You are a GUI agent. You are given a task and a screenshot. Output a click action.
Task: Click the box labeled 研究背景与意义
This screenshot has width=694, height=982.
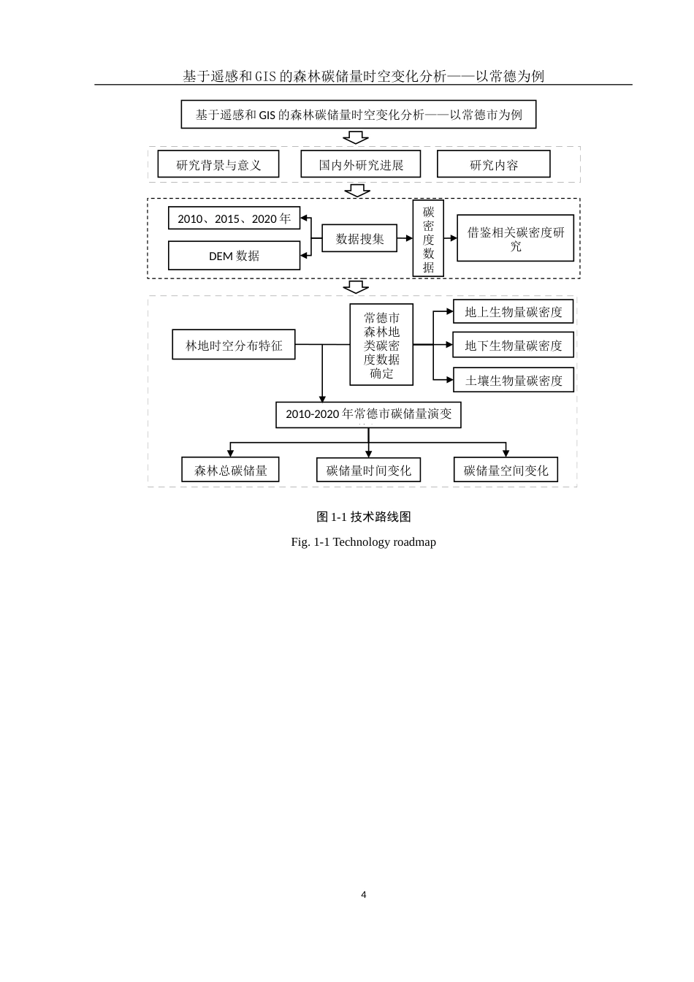click(x=218, y=164)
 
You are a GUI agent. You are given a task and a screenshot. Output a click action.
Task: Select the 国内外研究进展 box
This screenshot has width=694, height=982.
click(x=360, y=164)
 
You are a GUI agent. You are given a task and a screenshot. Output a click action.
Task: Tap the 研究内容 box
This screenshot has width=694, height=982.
click(x=493, y=164)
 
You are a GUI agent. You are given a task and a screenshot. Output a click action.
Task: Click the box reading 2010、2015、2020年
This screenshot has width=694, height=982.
click(x=234, y=218)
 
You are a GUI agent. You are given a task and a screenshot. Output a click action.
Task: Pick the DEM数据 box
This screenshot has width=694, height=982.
click(x=234, y=256)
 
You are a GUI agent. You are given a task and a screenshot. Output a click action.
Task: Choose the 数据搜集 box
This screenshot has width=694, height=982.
click(x=359, y=238)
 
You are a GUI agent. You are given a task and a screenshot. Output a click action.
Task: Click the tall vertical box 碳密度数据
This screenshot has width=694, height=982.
click(x=428, y=238)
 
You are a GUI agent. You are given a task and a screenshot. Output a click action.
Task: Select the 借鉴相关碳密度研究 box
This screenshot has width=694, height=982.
click(x=515, y=238)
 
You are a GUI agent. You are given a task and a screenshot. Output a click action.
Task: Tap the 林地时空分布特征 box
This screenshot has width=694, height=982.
click(x=234, y=345)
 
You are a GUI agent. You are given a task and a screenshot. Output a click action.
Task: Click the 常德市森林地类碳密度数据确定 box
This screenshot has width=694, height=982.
click(x=381, y=345)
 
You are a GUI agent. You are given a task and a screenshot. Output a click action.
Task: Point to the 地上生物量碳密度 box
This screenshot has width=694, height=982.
click(x=514, y=312)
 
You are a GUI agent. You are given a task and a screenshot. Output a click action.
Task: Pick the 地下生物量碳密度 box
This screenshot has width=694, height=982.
click(x=514, y=345)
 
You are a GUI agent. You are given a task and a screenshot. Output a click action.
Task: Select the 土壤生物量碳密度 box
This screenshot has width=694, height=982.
click(x=514, y=380)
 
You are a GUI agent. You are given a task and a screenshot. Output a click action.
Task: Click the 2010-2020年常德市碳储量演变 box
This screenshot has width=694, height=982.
click(x=368, y=414)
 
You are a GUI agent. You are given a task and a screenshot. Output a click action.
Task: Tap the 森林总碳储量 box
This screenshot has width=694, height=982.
click(x=230, y=470)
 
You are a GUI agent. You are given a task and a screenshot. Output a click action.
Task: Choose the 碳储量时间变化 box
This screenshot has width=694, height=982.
click(x=368, y=470)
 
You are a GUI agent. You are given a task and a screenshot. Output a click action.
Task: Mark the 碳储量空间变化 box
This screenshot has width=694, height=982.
click(x=506, y=470)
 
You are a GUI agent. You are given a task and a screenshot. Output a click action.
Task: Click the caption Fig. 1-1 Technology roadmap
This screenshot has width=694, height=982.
click(x=363, y=541)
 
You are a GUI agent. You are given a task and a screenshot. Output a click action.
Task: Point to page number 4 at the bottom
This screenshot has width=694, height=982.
click(x=364, y=894)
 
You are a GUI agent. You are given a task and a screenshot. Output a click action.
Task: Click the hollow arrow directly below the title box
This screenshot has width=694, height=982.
click(x=356, y=137)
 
